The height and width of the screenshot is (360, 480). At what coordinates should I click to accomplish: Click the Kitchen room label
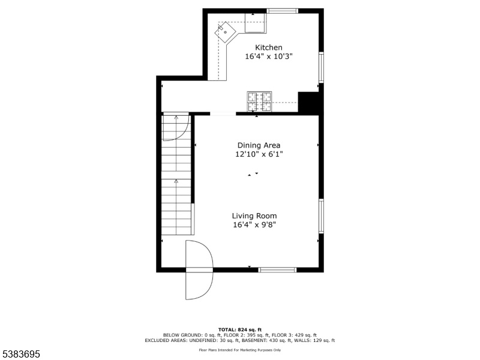pos(269,47)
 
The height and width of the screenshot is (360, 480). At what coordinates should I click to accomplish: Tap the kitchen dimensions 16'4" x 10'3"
pos(269,56)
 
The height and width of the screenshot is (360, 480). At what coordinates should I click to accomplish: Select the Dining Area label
pos(259,145)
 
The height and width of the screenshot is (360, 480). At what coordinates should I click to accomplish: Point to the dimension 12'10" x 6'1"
pos(259,154)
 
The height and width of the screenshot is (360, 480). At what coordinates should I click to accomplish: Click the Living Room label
pos(254,216)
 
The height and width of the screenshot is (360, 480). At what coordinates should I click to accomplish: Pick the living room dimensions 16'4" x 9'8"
pos(254,225)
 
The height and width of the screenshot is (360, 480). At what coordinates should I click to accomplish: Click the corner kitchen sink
pos(226,32)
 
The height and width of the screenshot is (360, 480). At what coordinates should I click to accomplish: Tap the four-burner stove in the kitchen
pos(259,101)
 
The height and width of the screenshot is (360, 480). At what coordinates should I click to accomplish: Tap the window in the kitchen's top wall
pos(282,11)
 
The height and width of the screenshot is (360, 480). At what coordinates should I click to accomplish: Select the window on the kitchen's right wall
pos(321,67)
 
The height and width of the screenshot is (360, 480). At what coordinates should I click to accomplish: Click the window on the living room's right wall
pos(321,216)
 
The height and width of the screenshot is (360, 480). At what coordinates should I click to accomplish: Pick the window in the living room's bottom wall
pos(277,269)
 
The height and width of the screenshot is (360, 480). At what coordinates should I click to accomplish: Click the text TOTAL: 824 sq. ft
pos(240,329)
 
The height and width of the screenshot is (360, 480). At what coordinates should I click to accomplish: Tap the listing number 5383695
pos(20,354)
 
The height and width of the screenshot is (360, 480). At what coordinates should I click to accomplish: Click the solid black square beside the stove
pos(308,102)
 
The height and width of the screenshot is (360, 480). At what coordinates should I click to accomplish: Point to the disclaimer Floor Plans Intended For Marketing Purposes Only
pos(240,350)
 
